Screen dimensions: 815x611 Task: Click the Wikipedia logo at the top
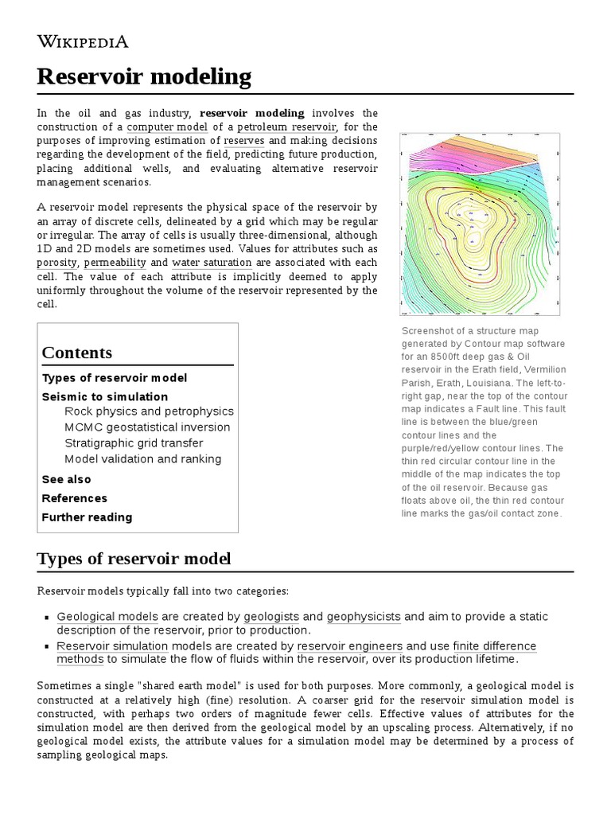(x=83, y=41)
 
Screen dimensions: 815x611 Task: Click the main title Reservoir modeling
(x=144, y=77)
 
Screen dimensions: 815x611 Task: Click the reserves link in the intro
(x=244, y=141)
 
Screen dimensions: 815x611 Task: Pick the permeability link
(x=115, y=262)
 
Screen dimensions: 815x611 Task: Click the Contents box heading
(x=77, y=353)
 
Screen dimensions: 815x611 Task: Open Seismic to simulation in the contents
(x=105, y=396)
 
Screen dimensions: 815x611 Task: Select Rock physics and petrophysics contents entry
(x=149, y=411)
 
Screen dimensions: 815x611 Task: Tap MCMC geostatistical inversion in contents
(x=147, y=427)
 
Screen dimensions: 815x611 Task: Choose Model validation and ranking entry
(x=143, y=459)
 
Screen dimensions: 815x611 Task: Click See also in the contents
(x=66, y=479)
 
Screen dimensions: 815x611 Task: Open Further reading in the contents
(x=87, y=517)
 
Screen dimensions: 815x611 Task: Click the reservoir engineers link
(x=350, y=646)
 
